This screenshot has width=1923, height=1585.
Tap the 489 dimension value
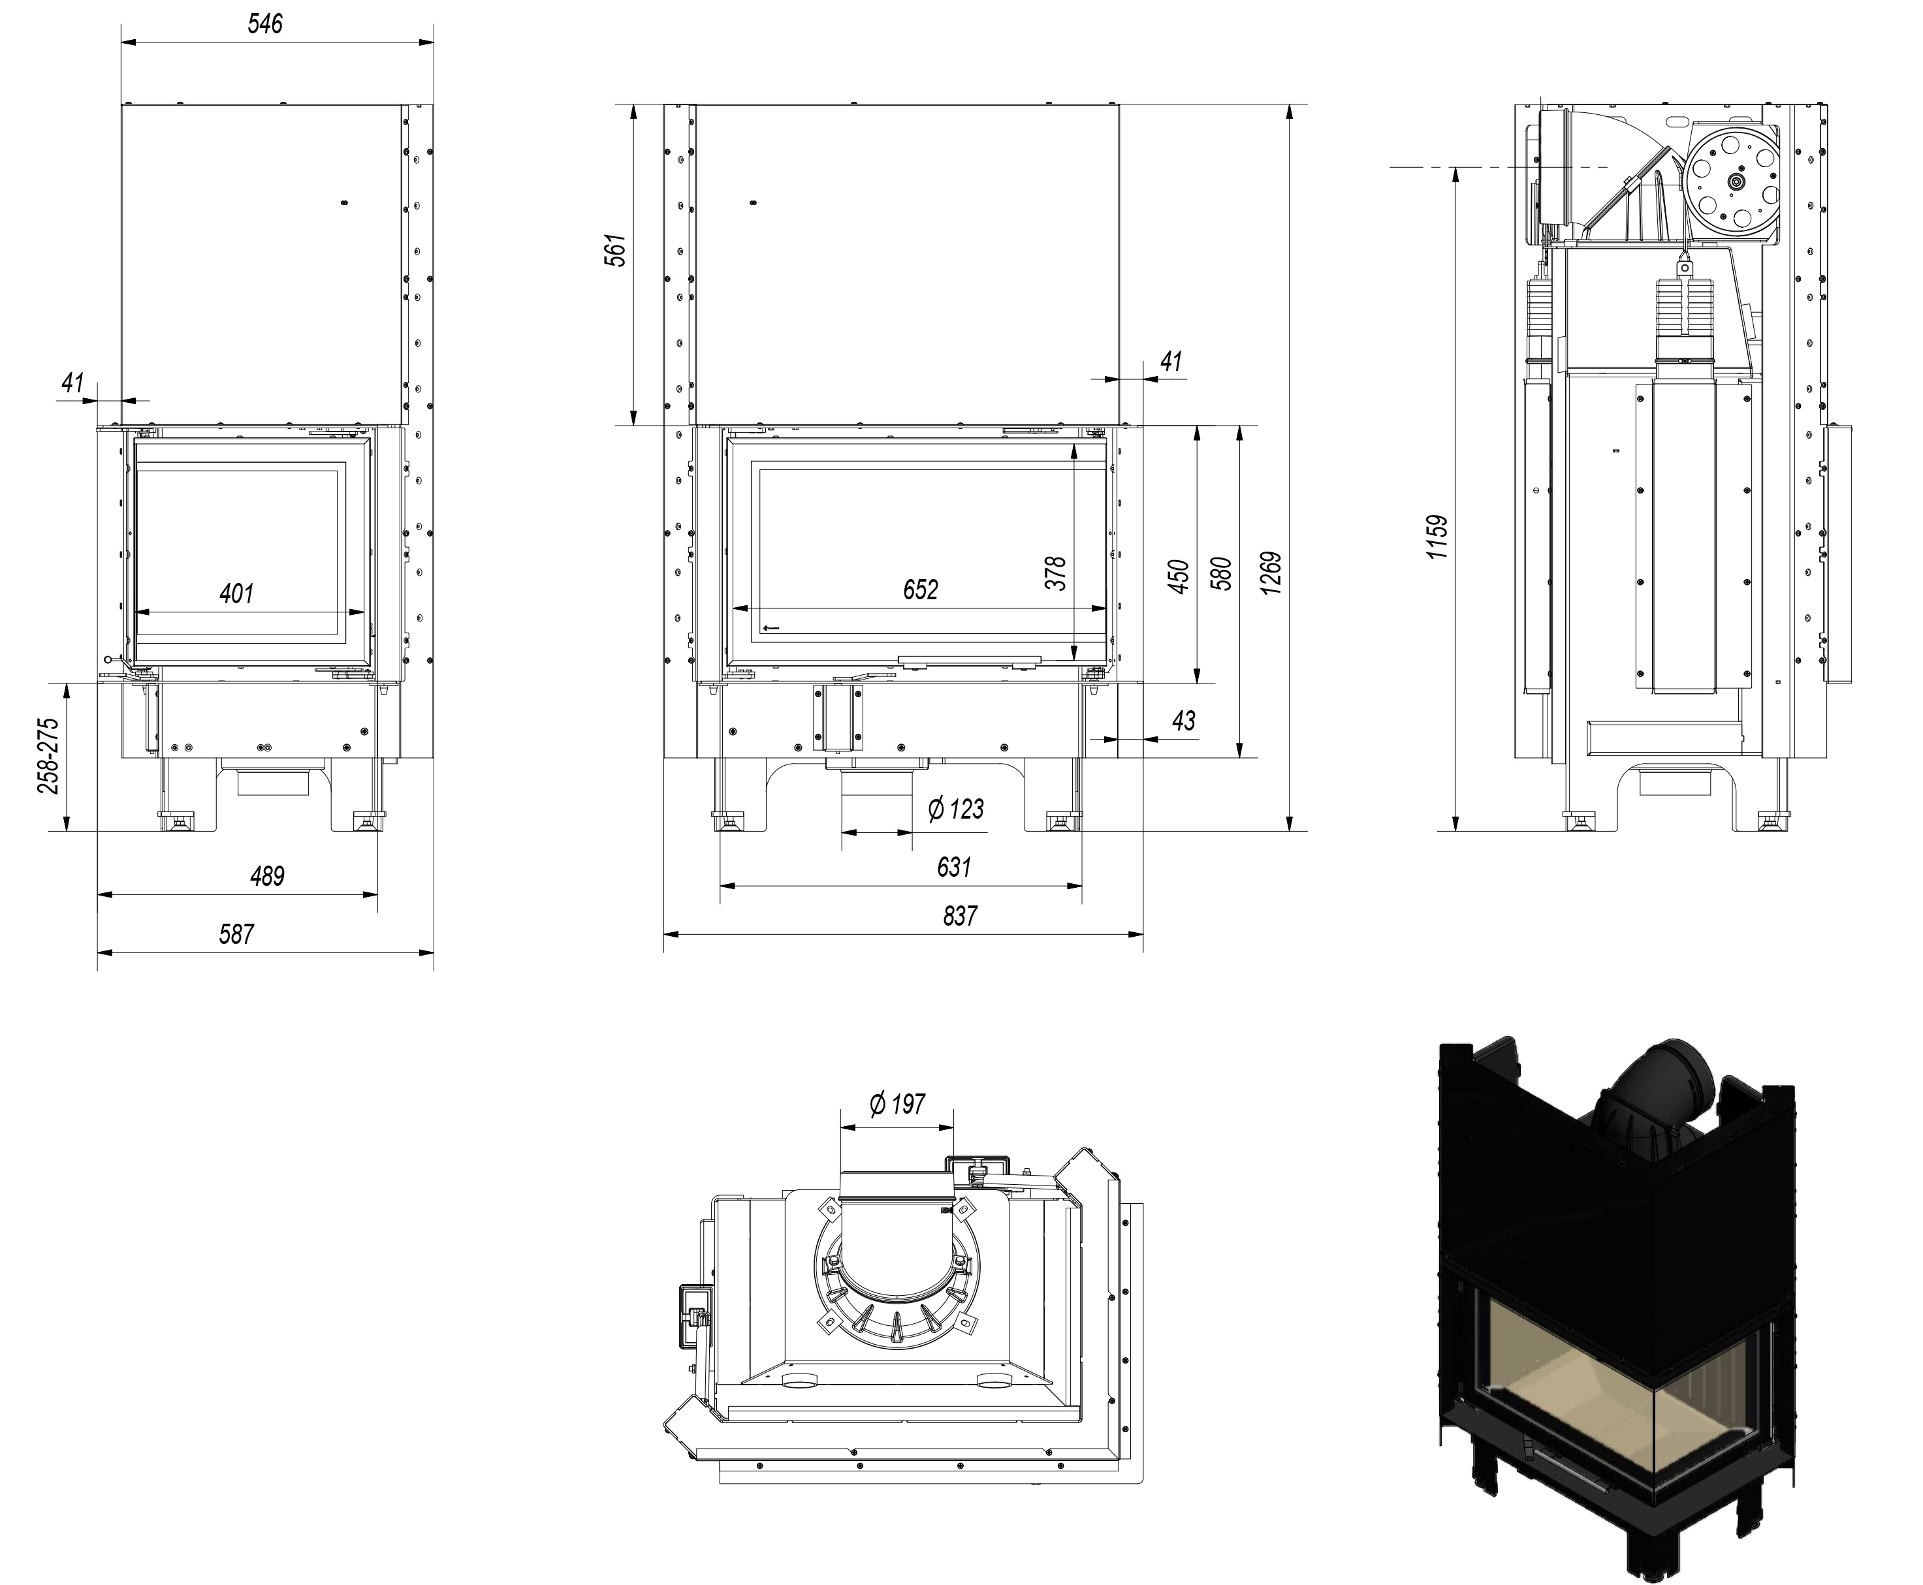(266, 877)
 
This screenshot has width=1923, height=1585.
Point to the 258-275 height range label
(48, 755)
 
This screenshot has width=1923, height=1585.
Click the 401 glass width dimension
(236, 593)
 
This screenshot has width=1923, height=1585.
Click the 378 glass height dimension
(1056, 573)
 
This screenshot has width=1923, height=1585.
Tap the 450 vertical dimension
(1179, 576)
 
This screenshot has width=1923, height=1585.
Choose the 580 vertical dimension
(1222, 573)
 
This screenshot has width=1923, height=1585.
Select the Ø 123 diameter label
(955, 809)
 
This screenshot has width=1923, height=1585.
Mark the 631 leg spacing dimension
(953, 866)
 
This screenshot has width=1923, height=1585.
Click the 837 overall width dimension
(960, 916)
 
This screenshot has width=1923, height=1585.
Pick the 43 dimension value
(1183, 721)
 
